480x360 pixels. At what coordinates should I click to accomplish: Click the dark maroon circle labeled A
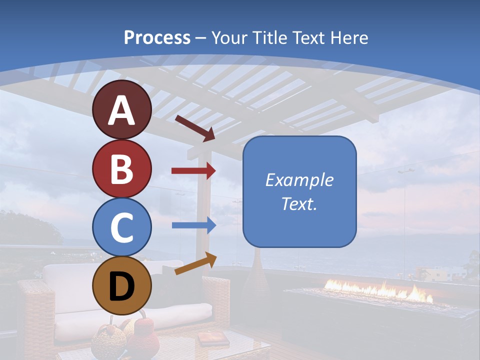(122, 110)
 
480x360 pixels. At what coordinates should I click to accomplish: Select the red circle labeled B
(122, 168)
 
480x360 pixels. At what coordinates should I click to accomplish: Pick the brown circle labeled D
(122, 285)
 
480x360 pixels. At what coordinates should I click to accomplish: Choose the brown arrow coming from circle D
(195, 263)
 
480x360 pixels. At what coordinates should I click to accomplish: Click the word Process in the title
(157, 37)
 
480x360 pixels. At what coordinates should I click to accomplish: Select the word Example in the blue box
(299, 180)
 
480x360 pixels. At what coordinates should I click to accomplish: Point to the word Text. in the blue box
(299, 203)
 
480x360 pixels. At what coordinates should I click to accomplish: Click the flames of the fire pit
(380, 291)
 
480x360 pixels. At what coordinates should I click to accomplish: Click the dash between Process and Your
(201, 38)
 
